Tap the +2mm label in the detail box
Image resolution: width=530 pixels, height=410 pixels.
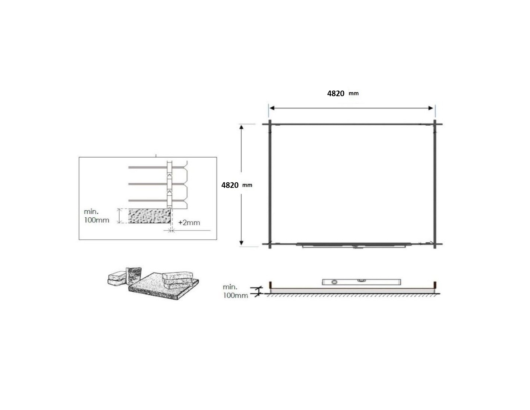click(x=189, y=223)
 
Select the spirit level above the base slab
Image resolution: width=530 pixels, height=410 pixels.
click(x=362, y=282)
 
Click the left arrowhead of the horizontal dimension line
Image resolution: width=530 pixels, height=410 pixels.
click(x=272, y=108)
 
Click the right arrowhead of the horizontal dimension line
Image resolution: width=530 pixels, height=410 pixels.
click(x=431, y=108)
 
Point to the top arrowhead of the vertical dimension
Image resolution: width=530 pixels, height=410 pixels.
click(x=241, y=127)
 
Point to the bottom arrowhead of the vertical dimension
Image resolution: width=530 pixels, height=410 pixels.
click(x=241, y=243)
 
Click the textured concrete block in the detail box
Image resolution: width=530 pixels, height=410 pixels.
click(x=149, y=216)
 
